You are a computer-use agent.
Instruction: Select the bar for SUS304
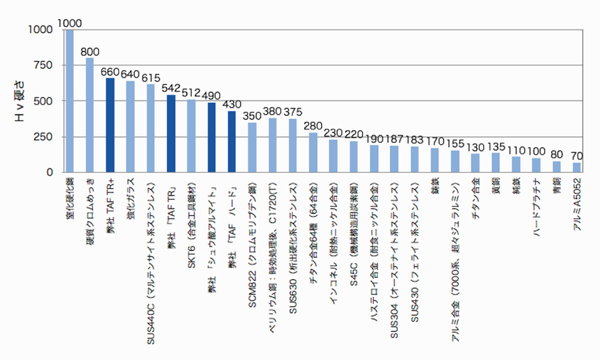[394, 159]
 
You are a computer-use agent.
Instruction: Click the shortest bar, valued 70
[577, 167]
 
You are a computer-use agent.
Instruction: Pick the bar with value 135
[496, 163]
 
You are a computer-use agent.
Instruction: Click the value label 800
[91, 51]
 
